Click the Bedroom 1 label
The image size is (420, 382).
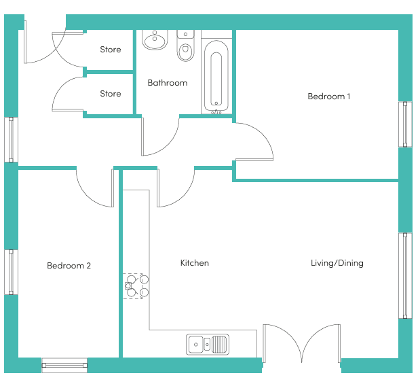(x=328, y=97)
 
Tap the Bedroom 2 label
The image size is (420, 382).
(x=69, y=266)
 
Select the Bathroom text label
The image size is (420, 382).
(x=168, y=83)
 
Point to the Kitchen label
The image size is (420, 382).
(x=195, y=263)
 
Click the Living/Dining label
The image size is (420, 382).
(x=337, y=263)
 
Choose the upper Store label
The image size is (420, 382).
(x=111, y=50)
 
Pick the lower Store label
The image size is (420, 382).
(x=111, y=94)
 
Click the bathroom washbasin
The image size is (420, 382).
(x=155, y=40)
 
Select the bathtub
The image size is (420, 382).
(x=216, y=76)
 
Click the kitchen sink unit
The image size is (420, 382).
(x=208, y=345)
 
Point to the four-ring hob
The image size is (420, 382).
(x=136, y=286)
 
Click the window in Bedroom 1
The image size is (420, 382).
(x=405, y=124)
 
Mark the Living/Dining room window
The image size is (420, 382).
(x=405, y=275)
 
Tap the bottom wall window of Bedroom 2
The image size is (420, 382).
(x=64, y=365)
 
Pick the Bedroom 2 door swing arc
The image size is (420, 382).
(x=88, y=195)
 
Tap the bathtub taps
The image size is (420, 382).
(x=216, y=112)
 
